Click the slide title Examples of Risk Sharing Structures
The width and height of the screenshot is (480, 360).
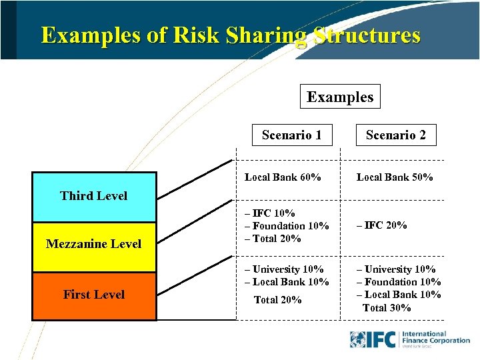231,35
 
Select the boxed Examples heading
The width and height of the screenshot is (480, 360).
340,97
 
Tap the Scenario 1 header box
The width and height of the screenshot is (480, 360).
292,135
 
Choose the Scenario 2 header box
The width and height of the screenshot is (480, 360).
395,135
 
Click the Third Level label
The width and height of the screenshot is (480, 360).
93,195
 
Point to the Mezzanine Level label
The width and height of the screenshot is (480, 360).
93,244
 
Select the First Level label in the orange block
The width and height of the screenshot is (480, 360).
93,295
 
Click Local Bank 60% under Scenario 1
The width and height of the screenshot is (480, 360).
283,177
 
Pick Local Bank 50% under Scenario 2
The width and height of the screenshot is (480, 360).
395,177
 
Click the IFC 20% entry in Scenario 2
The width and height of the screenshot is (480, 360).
382,225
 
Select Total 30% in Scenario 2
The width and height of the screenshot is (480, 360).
387,308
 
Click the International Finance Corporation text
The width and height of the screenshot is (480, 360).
435,337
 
